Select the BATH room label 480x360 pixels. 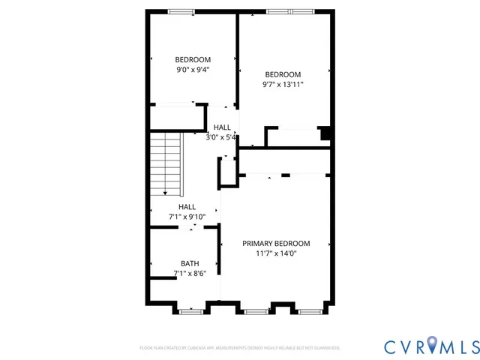190,263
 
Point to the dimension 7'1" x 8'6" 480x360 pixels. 190,274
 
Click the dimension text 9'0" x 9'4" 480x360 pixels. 193,70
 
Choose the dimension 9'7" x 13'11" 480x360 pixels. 283,85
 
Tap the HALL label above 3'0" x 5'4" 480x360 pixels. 222,127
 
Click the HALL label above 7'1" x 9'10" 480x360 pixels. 187,207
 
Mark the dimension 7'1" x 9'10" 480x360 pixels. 187,217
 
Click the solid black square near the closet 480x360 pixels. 325,134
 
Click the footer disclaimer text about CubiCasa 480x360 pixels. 240,348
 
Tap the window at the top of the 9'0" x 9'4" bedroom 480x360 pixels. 180,11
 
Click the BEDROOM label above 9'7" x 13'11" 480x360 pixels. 283,74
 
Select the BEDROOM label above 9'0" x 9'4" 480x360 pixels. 193,60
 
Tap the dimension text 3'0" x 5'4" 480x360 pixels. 222,137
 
